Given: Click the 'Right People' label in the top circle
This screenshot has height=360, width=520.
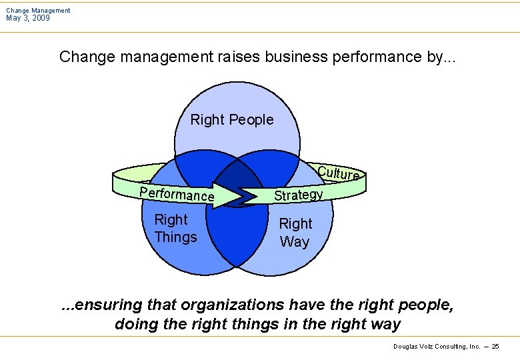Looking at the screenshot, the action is pyautogui.click(x=232, y=120).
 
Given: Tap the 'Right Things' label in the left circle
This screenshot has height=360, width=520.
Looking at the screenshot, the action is pyautogui.click(x=175, y=228).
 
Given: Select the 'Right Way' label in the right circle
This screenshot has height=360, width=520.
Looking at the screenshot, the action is pyautogui.click(x=295, y=232).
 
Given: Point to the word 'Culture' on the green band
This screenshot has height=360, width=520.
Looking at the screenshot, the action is pyautogui.click(x=339, y=173).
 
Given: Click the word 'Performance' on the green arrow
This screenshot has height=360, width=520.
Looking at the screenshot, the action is pyautogui.click(x=176, y=193).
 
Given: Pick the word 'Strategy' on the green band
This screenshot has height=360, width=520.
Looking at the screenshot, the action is pyautogui.click(x=299, y=195).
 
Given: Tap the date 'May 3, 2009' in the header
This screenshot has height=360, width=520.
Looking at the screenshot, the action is pyautogui.click(x=28, y=18).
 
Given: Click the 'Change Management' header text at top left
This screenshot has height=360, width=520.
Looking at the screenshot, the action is pyautogui.click(x=38, y=10).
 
